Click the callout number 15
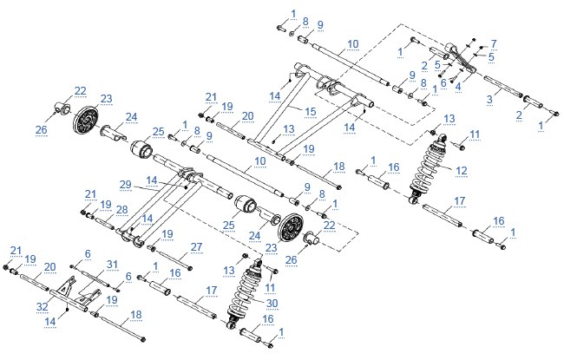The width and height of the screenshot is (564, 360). click(x=311, y=112)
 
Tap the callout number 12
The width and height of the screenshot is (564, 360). click(x=462, y=171)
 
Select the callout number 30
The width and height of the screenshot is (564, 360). click(x=272, y=304)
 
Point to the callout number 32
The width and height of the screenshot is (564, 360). click(x=43, y=307)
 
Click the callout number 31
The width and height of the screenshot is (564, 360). click(x=112, y=265)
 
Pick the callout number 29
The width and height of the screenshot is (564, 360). click(x=126, y=185)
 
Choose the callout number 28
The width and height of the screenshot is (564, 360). click(x=122, y=210)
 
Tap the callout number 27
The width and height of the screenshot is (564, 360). click(x=196, y=247)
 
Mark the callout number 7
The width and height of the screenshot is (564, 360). click(x=494, y=44)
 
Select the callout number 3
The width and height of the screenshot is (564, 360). click(x=489, y=100)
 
